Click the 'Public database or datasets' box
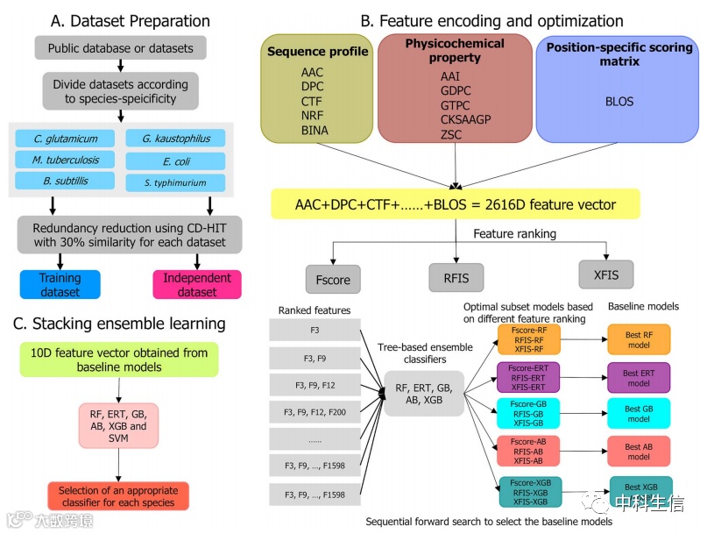(x=120, y=47)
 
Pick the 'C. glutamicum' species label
(x=65, y=139)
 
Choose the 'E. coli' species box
(x=175, y=161)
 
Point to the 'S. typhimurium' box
(x=175, y=183)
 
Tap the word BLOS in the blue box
(x=619, y=101)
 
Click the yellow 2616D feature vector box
(x=455, y=203)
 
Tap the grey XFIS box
(x=605, y=275)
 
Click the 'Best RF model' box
(x=638, y=338)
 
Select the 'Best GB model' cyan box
(x=638, y=414)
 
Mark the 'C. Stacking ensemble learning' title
(x=119, y=324)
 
